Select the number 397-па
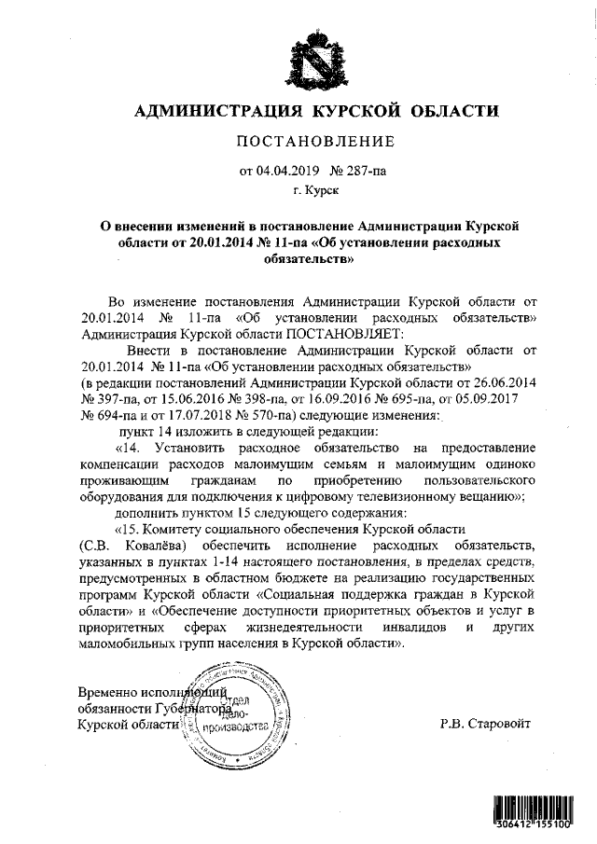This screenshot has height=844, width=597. (x=113, y=399)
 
